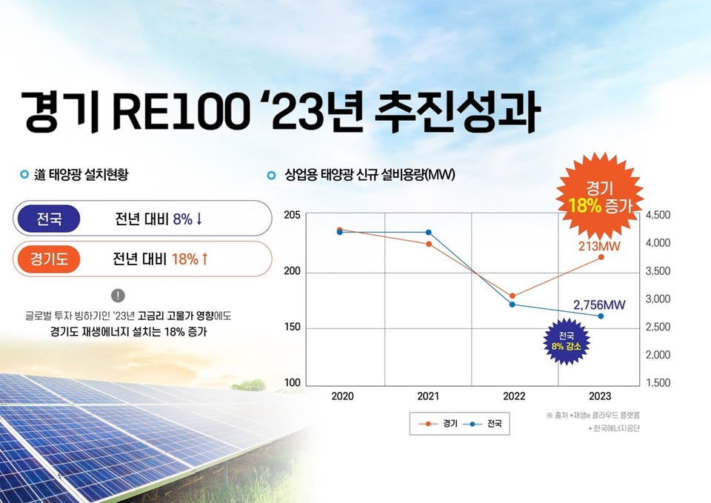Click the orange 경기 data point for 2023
(601, 257)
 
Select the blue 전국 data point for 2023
(601, 316)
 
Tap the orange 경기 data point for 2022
(513, 296)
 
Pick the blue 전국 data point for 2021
(428, 233)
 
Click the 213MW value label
(599, 245)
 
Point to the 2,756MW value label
(600, 304)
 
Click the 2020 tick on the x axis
(342, 396)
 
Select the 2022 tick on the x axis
(514, 396)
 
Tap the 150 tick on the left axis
(293, 328)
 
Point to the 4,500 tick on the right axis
(658, 215)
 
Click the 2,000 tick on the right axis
(658, 355)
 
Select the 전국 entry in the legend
(483, 424)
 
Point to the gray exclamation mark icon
(119, 296)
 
